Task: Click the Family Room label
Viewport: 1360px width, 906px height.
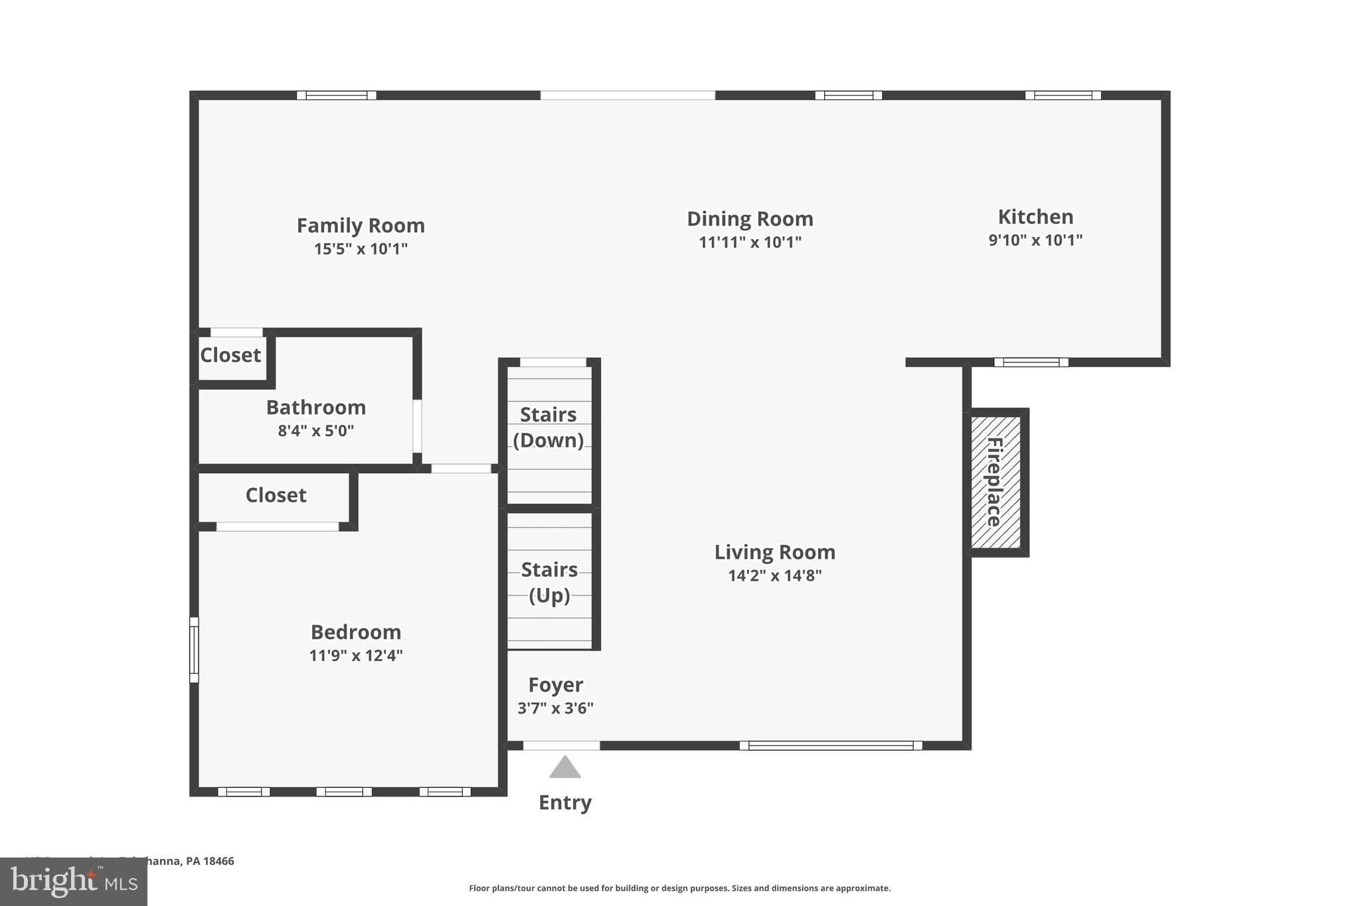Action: click(x=361, y=226)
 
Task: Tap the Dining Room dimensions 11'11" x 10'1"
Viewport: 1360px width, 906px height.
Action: click(x=750, y=242)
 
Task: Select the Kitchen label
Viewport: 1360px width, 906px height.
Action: click(x=1035, y=217)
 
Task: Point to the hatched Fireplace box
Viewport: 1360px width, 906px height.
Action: click(x=995, y=482)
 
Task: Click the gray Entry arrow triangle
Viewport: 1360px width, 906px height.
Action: click(x=564, y=768)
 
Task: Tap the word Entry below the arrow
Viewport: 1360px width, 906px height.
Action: click(x=564, y=802)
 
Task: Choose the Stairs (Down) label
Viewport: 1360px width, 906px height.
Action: click(x=548, y=427)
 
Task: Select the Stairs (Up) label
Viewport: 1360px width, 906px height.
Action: click(x=549, y=582)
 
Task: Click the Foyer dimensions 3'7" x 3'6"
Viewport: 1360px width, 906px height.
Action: click(x=555, y=708)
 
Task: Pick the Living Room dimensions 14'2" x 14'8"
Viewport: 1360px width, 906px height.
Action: click(x=774, y=575)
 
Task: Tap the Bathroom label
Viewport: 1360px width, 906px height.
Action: click(x=316, y=408)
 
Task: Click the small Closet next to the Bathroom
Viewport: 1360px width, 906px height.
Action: click(x=230, y=356)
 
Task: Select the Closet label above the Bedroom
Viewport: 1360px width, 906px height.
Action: click(x=276, y=495)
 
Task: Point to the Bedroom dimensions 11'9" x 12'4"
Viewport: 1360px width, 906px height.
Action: click(x=356, y=656)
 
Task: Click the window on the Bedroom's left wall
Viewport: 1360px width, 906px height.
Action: click(x=194, y=650)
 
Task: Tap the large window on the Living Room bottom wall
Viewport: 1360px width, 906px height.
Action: click(x=831, y=745)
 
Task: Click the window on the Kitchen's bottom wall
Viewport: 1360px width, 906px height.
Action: click(x=1031, y=362)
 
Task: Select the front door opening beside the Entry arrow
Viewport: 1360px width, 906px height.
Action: click(x=561, y=745)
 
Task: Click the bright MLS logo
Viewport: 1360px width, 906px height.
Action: click(x=74, y=881)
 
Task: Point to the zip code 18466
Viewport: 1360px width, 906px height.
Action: click(x=218, y=861)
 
